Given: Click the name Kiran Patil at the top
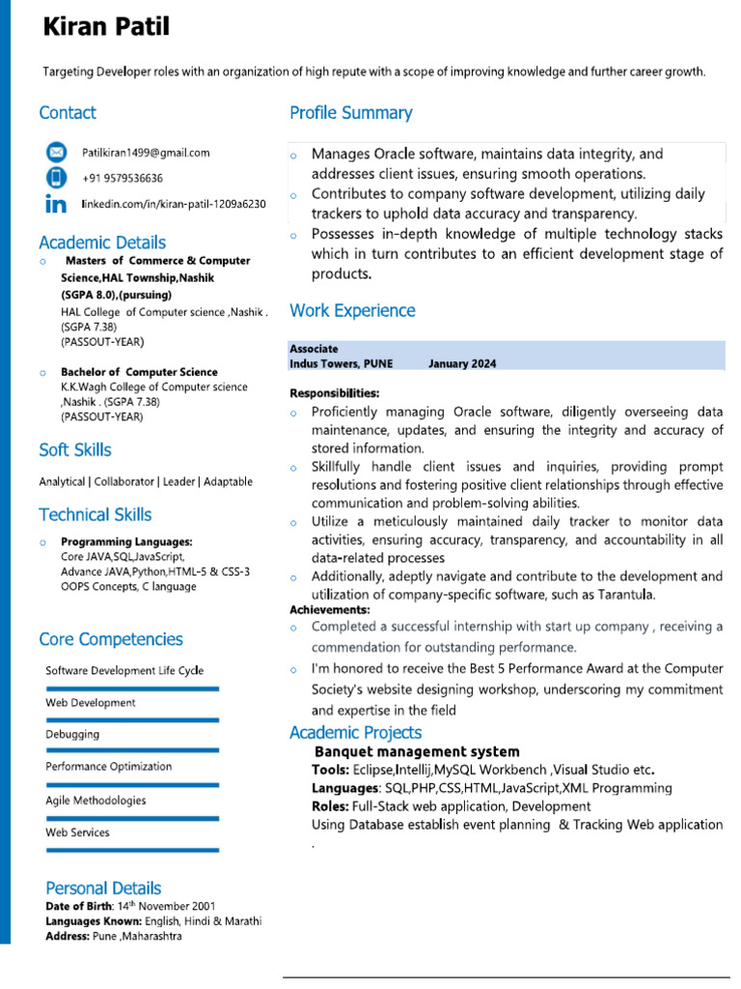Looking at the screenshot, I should click(x=106, y=27).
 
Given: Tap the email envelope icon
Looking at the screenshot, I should click(x=57, y=153).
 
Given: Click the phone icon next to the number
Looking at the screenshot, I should click(x=57, y=178).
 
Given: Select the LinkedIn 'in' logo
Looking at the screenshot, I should click(x=57, y=205).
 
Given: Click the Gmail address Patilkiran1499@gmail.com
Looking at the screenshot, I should click(x=146, y=153).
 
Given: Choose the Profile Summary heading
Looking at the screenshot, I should click(x=350, y=113).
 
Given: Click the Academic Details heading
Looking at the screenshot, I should click(x=102, y=242).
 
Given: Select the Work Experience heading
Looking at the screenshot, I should click(x=352, y=310).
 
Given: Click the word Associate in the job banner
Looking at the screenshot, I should click(x=314, y=349).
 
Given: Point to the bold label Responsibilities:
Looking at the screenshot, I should click(x=335, y=393).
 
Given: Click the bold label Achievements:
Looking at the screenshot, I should click(x=329, y=610).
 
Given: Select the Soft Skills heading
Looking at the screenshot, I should click(x=75, y=450).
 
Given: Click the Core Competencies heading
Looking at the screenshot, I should click(x=111, y=639).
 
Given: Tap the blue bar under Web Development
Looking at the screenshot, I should click(x=132, y=721).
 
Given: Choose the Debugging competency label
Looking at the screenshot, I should click(x=72, y=735).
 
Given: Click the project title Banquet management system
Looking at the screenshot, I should click(x=417, y=751).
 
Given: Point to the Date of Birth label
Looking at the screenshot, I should click(x=78, y=906).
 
